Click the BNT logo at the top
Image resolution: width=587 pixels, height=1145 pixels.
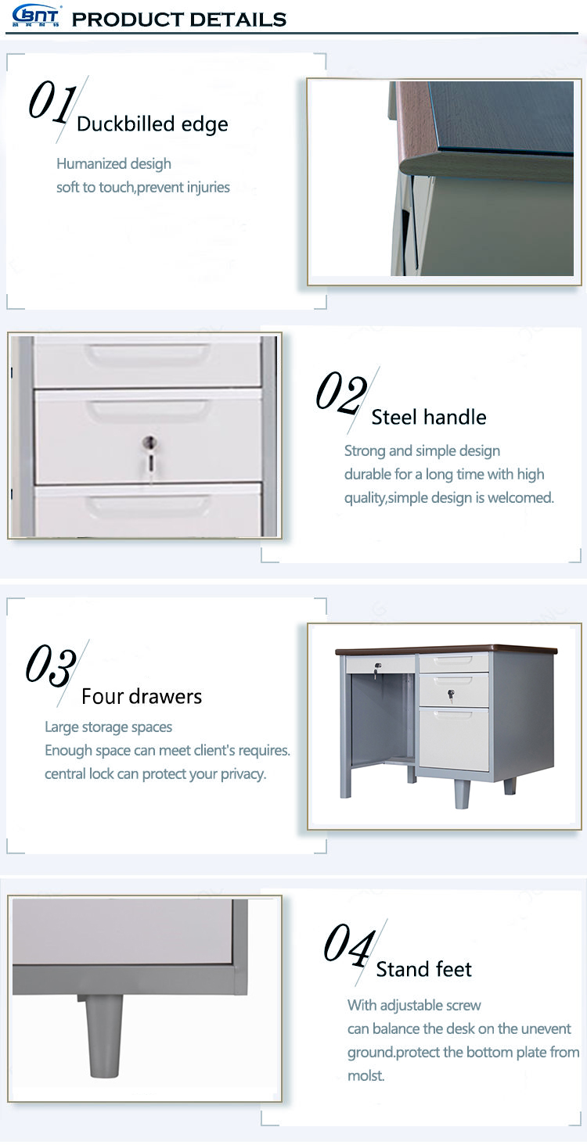35,16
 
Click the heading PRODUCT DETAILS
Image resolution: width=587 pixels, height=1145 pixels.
179,20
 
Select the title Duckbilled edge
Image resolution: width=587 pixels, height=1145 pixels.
153,124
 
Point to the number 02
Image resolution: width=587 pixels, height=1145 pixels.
341,393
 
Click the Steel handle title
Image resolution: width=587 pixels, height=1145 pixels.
428,417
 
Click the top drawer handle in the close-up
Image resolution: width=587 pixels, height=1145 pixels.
148,353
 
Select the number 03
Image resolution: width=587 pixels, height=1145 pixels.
51,665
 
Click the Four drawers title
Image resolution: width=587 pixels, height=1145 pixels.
142,696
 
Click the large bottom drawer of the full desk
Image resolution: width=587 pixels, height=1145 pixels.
453,738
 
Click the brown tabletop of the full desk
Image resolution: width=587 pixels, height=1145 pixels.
446,650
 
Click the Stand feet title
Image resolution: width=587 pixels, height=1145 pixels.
424,969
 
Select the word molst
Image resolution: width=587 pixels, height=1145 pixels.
366,1075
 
